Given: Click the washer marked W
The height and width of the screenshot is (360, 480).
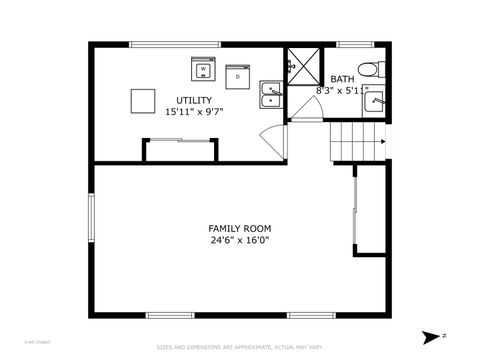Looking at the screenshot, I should tap(204, 70).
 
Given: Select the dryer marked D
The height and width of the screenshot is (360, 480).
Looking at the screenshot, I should tap(238, 75).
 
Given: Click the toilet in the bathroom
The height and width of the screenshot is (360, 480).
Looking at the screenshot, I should tap(370, 69).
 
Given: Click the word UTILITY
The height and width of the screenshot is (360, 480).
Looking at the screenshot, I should tap(194, 100).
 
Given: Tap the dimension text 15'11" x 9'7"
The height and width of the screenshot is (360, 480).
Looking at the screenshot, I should tap(194, 112).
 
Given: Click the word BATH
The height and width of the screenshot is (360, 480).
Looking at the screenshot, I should tap(342, 79).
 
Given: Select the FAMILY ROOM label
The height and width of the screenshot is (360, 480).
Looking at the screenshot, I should tap(239, 228).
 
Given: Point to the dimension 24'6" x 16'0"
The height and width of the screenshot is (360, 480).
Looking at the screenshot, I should tap(239, 240).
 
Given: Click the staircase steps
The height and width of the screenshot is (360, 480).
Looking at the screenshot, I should tap(355, 142).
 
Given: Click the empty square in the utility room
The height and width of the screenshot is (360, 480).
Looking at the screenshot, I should tap(143, 102).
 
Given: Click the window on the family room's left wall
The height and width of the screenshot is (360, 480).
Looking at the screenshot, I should tap(91, 222).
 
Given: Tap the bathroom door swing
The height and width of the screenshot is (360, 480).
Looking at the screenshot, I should tap(308, 111).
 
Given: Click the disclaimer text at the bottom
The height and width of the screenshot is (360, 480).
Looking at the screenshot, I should tap(239, 347).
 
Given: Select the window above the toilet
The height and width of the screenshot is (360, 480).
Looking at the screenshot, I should tap(354, 45).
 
